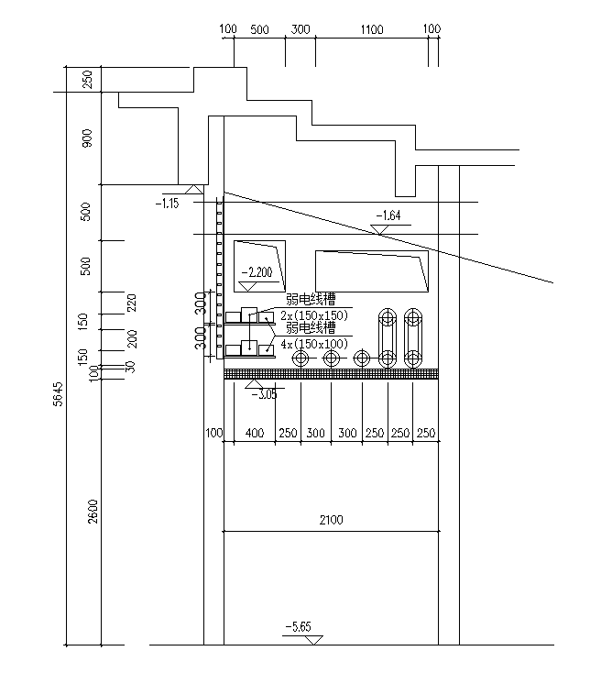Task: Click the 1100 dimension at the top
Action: click(371, 29)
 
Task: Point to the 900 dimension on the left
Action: click(87, 138)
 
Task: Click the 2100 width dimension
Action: click(331, 521)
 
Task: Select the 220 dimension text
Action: click(131, 303)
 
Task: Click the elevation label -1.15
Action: click(167, 203)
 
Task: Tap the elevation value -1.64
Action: click(388, 215)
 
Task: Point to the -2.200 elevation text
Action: click(257, 272)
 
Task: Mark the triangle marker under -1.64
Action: click(377, 229)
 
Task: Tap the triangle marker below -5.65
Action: click(314, 639)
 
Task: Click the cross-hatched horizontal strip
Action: click(331, 373)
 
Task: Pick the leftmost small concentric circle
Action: click(301, 357)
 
